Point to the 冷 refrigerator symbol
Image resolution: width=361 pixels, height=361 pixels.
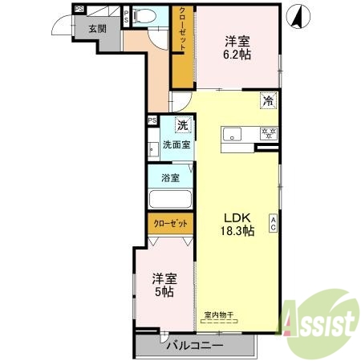click(269, 101)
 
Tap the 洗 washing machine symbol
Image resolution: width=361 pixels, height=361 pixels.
click(182, 125)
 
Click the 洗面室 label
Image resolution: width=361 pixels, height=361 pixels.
click(176, 145)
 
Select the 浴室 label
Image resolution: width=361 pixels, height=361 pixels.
click(169, 177)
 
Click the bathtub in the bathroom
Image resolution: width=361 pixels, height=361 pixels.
click(168, 200)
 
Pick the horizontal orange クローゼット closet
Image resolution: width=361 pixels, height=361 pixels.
click(170, 224)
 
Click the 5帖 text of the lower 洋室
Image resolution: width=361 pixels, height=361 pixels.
click(165, 292)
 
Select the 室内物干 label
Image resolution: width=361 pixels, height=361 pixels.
click(218, 316)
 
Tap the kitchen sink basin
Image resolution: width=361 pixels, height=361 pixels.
click(234, 134)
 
